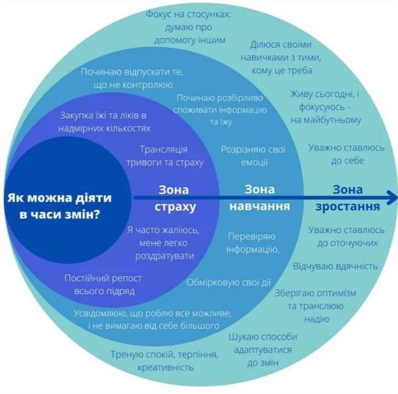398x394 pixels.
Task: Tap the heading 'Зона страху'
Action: pyautogui.click(x=174, y=198)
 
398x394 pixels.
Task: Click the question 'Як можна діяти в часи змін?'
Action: pyautogui.click(x=59, y=206)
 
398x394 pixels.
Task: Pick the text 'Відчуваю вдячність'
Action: pyautogui.click(x=336, y=267)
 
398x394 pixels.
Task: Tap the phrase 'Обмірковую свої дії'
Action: pyautogui.click(x=229, y=282)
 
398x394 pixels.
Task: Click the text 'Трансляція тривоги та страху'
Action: pyautogui.click(x=164, y=156)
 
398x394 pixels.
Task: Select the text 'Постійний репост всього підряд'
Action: pyautogui.click(x=103, y=284)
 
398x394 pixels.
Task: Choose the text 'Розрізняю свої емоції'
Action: pyautogui.click(x=253, y=156)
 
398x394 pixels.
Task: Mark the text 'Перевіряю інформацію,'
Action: pyautogui.click(x=253, y=243)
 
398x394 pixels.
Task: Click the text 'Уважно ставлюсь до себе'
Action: pyautogui.click(x=347, y=154)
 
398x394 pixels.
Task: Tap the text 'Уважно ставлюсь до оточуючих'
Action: pyautogui.click(x=347, y=236)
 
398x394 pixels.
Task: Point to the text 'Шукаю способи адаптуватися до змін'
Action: pyautogui.click(x=262, y=349)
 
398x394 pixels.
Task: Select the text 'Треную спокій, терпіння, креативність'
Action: pyautogui.click(x=164, y=361)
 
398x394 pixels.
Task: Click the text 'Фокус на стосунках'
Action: pyautogui.click(x=188, y=14)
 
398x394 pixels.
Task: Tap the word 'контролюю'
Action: pyautogui.click(x=147, y=85)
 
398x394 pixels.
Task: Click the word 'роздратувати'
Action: pyautogui.click(x=164, y=256)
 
